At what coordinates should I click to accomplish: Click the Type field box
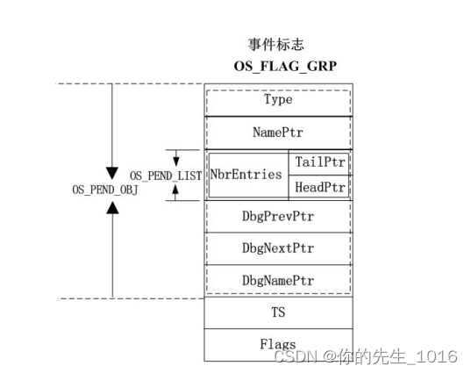point(278,100)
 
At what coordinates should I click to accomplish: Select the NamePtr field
point(278,133)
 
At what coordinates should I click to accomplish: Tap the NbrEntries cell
point(246,175)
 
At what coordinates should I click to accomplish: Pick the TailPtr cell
point(322,162)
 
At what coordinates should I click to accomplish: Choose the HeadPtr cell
point(322,187)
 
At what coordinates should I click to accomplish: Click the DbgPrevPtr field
point(278,216)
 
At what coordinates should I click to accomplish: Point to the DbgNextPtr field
point(278,248)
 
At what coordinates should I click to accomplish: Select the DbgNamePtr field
point(278,280)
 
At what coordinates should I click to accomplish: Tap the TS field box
point(278,312)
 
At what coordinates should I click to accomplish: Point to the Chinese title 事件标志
point(276,44)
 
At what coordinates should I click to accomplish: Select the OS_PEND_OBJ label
point(105,189)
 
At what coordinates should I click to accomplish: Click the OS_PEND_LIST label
point(166,176)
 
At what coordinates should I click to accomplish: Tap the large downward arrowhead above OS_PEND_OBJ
point(112,171)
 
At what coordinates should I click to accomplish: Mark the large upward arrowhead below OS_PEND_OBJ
point(112,207)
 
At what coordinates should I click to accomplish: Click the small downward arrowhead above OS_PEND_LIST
point(176,161)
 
